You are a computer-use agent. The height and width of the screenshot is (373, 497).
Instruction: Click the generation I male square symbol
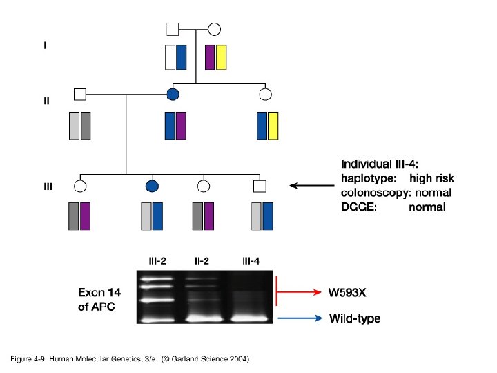[173, 29]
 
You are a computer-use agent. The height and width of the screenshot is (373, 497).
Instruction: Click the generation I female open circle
[214, 29]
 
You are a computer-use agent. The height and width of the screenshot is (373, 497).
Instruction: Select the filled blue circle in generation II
[174, 94]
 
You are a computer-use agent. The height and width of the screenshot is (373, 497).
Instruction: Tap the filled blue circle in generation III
[153, 185]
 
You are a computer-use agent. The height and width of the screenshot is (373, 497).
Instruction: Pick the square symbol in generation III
[260, 185]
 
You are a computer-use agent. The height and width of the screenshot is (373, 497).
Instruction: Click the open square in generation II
[80, 94]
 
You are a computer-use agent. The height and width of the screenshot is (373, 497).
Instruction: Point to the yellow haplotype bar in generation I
[222, 57]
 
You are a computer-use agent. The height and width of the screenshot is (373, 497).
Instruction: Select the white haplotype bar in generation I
[170, 57]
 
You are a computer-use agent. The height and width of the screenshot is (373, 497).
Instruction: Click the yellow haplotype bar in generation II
[273, 125]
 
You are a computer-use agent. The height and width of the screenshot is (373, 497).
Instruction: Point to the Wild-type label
[355, 318]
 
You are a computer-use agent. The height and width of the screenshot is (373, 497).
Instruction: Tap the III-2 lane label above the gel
[157, 260]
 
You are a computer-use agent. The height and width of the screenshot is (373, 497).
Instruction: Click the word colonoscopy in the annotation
[375, 192]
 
